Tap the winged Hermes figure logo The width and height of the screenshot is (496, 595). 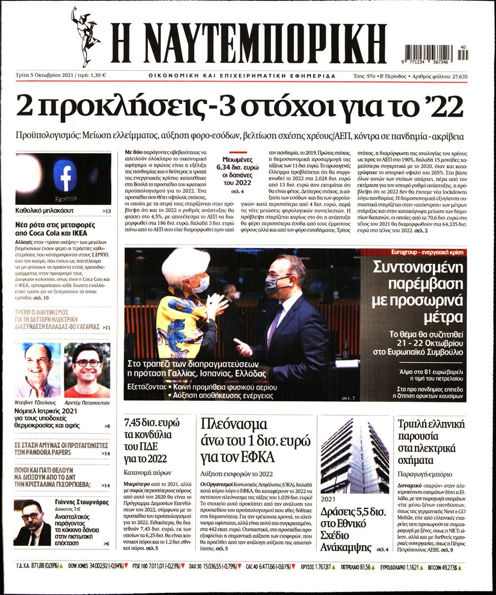click(x=84, y=36)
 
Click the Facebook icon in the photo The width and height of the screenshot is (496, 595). click(x=65, y=175)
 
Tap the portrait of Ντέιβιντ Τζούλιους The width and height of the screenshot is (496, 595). click(x=38, y=370)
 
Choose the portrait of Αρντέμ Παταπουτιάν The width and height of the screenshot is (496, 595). click(x=87, y=370)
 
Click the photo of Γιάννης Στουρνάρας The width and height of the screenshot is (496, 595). click(x=32, y=523)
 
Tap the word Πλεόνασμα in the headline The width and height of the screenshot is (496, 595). click(x=234, y=425)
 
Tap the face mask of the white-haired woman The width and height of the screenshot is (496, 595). click(x=201, y=284)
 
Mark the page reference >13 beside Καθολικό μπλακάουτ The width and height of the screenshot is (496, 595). click(x=107, y=212)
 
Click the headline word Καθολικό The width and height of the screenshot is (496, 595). click(x=32, y=211)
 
